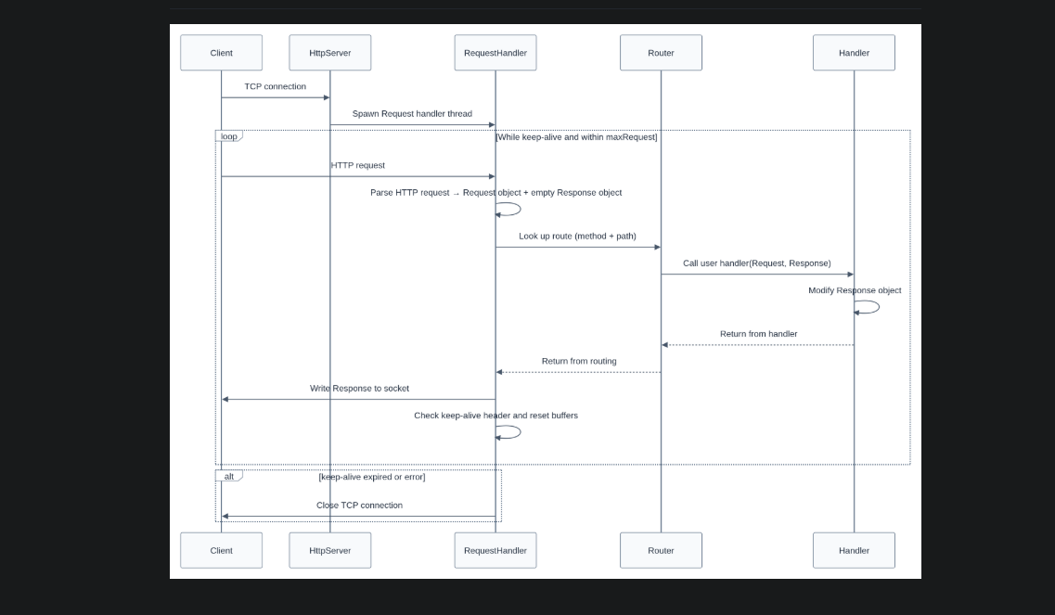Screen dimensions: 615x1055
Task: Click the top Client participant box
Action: (221, 53)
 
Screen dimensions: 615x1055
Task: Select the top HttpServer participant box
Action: (329, 53)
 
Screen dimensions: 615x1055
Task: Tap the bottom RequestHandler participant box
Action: (495, 550)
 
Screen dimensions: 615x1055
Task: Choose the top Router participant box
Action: (661, 53)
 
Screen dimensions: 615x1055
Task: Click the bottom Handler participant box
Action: (854, 550)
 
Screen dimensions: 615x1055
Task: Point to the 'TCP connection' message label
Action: (275, 86)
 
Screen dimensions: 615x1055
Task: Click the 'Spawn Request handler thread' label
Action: (412, 114)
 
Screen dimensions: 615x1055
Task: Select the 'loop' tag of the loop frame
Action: (228, 136)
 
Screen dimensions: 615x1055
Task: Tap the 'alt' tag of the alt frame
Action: (228, 476)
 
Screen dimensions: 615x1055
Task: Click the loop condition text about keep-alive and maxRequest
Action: (576, 137)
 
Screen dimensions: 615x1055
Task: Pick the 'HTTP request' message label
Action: (357, 165)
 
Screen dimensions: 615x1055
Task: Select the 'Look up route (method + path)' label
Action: (577, 237)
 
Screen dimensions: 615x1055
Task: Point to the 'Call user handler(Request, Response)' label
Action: (756, 263)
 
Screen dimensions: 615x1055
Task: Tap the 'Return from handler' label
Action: (758, 334)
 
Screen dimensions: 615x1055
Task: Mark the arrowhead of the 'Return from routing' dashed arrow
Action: (499, 372)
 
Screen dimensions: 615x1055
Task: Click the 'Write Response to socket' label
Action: (359, 389)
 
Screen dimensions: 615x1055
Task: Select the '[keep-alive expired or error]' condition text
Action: (371, 477)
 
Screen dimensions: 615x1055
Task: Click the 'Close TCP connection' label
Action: (359, 506)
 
